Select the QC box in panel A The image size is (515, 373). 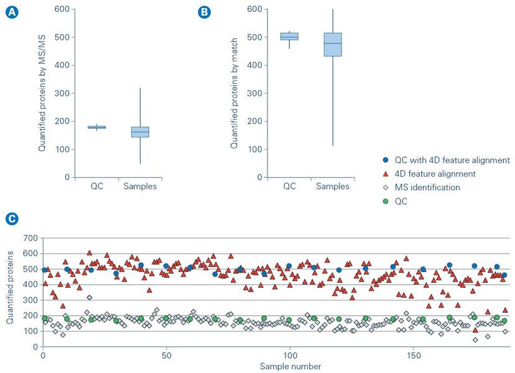click(96, 127)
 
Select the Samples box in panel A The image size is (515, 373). click(140, 132)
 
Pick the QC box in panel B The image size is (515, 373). click(289, 36)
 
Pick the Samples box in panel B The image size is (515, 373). click(333, 45)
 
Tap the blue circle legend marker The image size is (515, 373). click(386, 160)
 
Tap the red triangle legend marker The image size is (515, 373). click(386, 174)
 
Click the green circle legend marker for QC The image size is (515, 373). click(386, 201)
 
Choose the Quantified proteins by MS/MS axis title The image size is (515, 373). click(42, 93)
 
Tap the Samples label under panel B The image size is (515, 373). click(333, 186)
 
